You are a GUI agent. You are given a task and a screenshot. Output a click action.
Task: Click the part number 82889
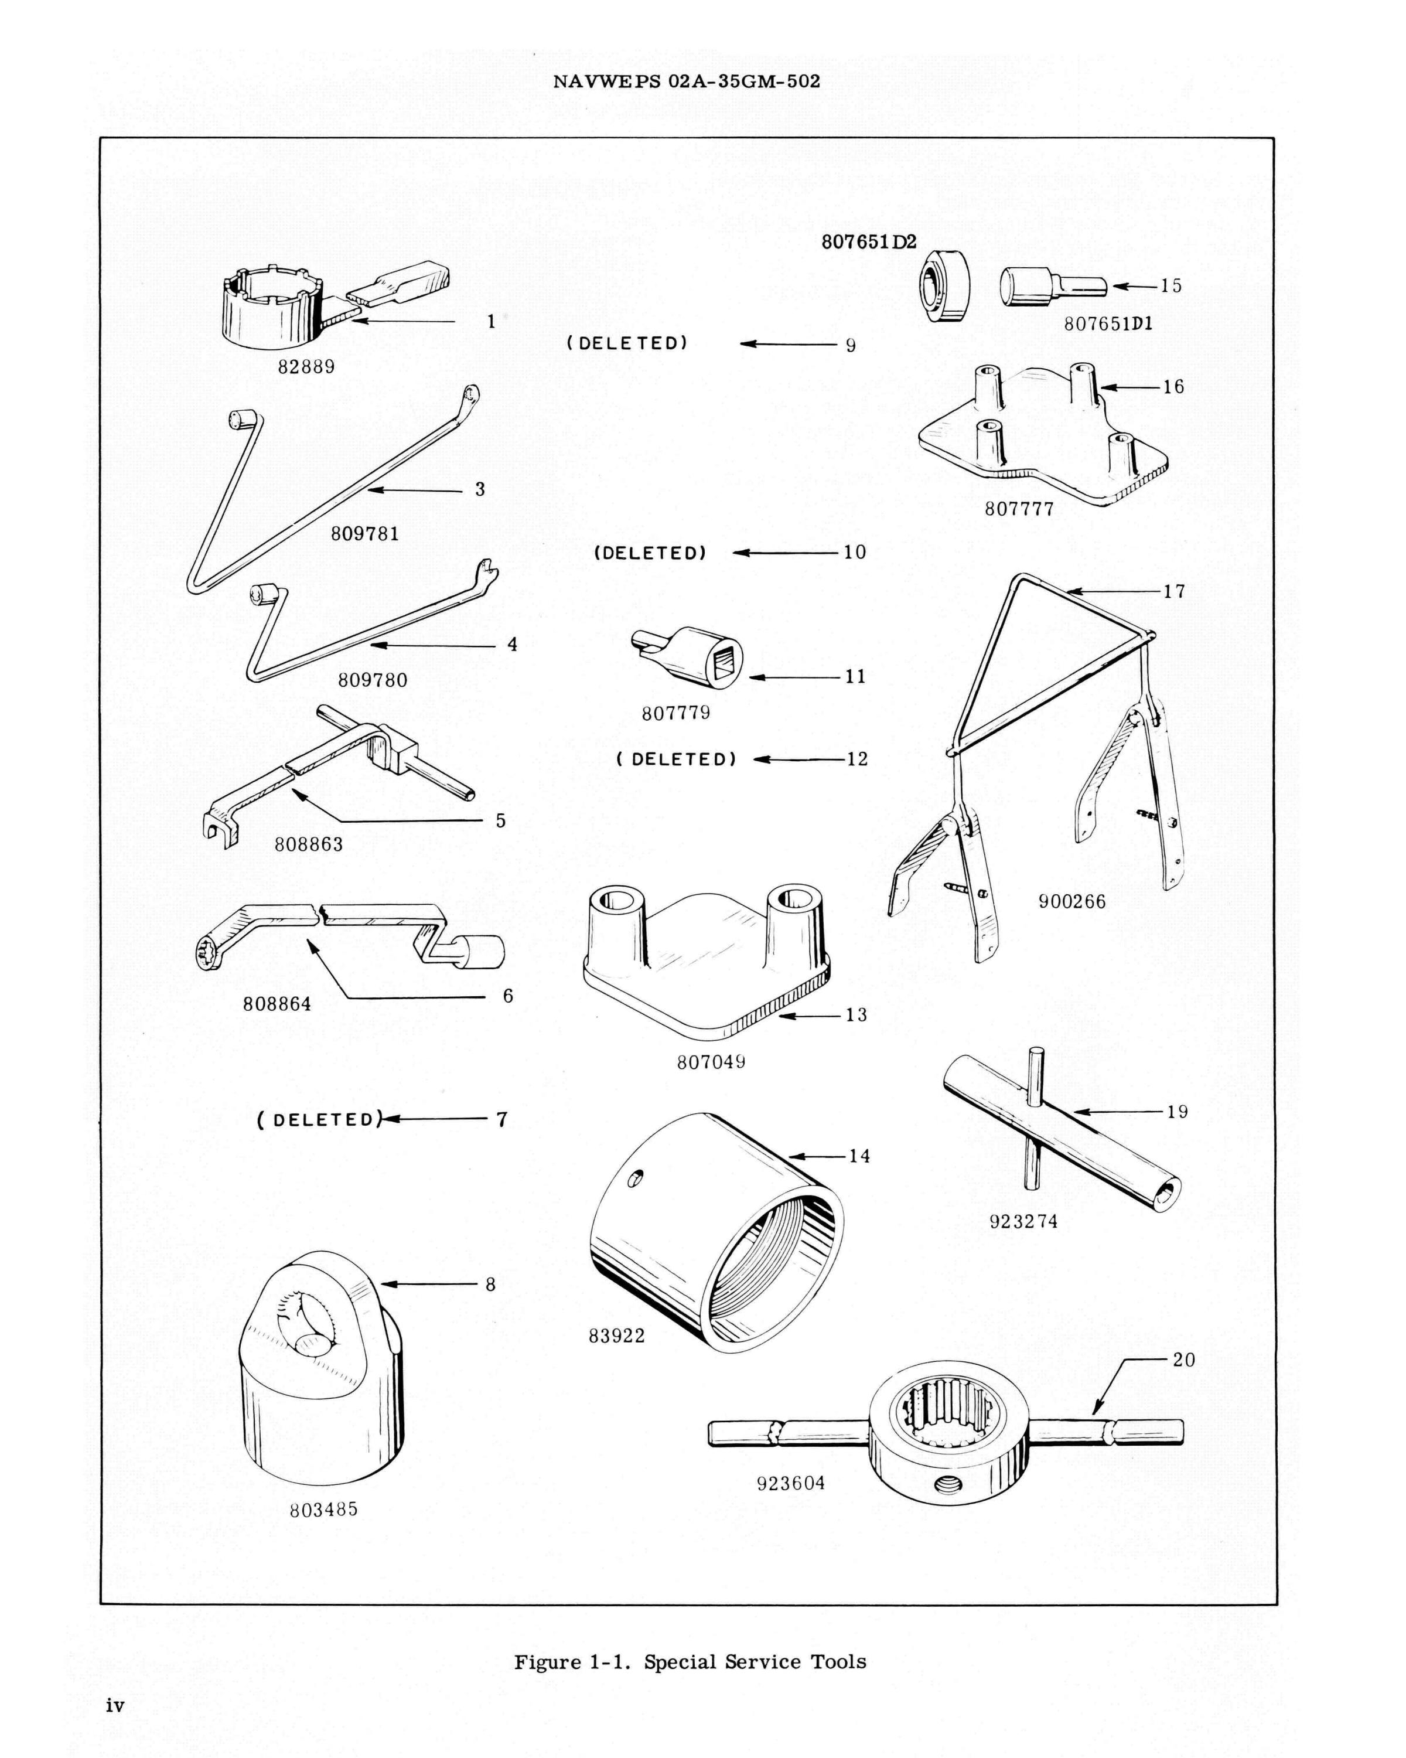click(306, 367)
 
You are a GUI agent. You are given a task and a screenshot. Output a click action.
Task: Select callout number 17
click(1173, 591)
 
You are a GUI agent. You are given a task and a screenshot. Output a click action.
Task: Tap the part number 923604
click(791, 1483)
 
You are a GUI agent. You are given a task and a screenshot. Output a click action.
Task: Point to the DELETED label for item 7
click(319, 1119)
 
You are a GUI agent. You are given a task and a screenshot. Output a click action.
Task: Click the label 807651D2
click(869, 242)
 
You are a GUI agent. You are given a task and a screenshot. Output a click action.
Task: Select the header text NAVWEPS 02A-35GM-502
click(686, 81)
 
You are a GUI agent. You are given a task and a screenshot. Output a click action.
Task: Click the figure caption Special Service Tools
click(690, 1639)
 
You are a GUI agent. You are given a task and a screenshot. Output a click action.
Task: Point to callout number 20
click(1183, 1360)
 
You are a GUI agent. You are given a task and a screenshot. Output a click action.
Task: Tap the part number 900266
click(1072, 902)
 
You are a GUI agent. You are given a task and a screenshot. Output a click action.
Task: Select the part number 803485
click(323, 1510)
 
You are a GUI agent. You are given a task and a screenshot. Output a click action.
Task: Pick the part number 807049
click(711, 1062)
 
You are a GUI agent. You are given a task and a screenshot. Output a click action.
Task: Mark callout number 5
click(500, 820)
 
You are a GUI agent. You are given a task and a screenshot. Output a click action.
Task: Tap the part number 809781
click(364, 534)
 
